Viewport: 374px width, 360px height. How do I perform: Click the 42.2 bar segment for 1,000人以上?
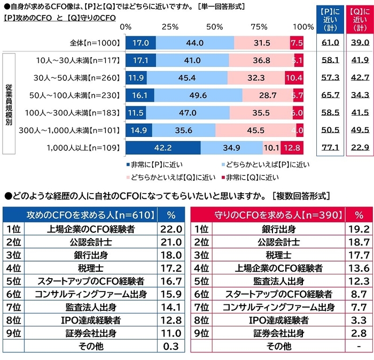click(x=163, y=147)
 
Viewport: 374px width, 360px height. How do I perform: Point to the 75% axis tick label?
click(x=259, y=27)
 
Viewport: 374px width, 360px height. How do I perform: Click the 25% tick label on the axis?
click(x=169, y=27)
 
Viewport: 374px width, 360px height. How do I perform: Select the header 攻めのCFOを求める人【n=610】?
click(x=91, y=215)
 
